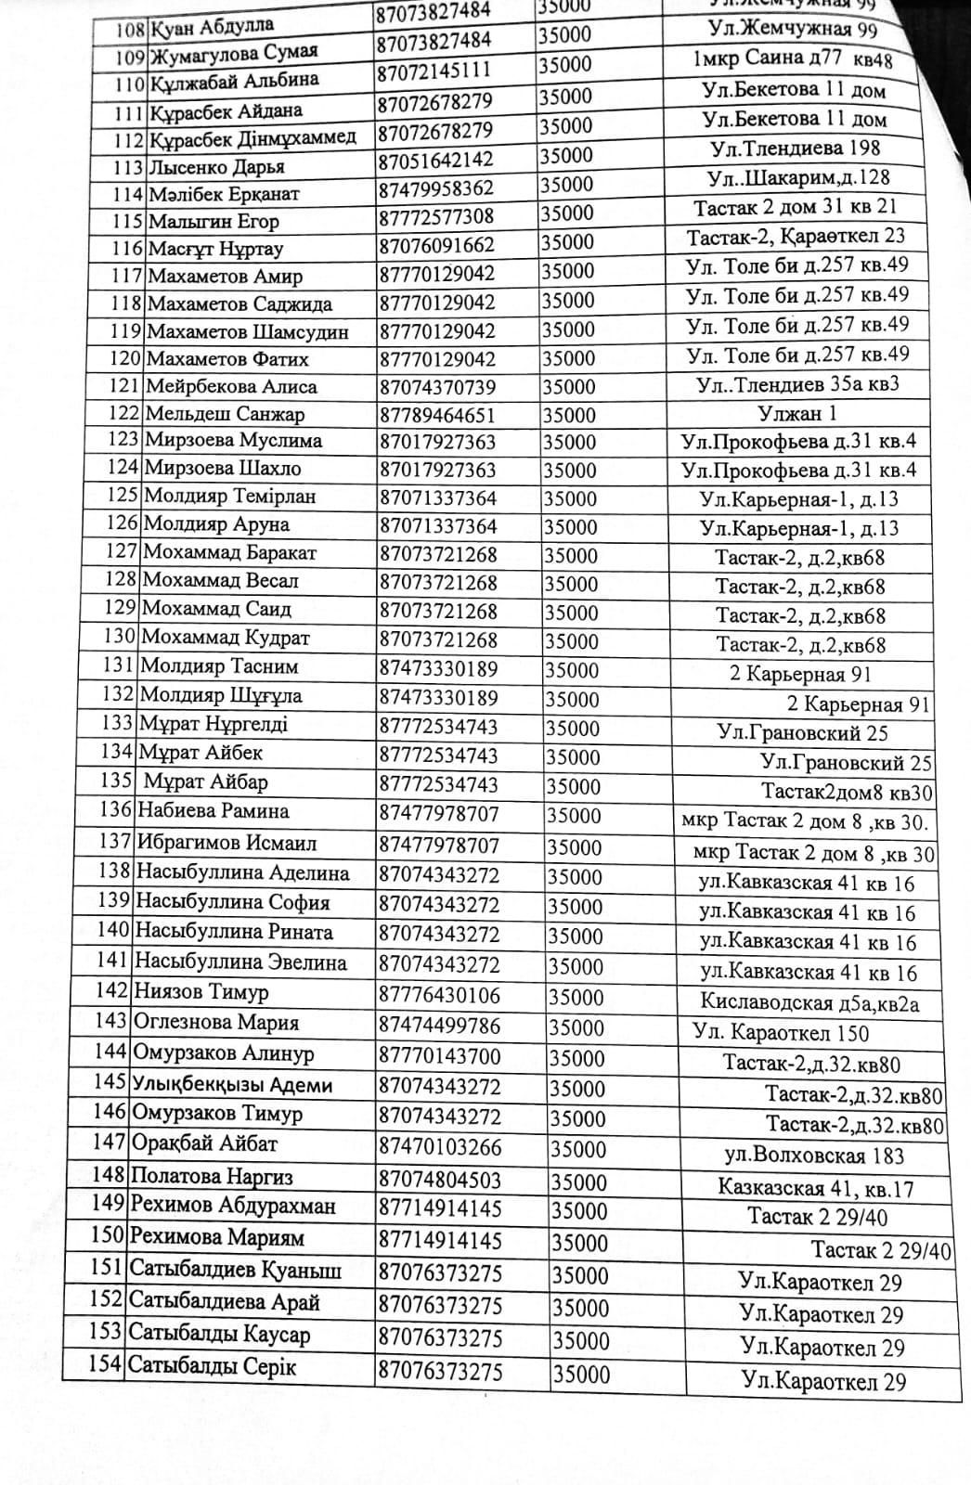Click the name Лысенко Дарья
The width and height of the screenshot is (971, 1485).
(215, 168)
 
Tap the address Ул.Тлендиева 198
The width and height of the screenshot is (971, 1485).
(795, 148)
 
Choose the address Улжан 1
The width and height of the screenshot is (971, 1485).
(796, 414)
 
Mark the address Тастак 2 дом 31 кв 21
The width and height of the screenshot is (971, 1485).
(795, 207)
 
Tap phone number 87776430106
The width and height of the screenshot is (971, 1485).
(439, 996)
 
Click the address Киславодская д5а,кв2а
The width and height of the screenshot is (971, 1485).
(809, 1002)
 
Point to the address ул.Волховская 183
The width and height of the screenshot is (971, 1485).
(813, 1156)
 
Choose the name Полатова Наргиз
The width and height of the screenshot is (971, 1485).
(212, 1177)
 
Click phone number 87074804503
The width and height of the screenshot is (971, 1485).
(440, 1180)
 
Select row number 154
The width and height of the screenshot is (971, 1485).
(105, 1365)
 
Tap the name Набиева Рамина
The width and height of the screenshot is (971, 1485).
(213, 811)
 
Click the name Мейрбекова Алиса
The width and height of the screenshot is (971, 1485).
(231, 387)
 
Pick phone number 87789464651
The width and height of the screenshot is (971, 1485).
(437, 415)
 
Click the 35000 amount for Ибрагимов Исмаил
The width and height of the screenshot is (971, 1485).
(575, 847)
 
